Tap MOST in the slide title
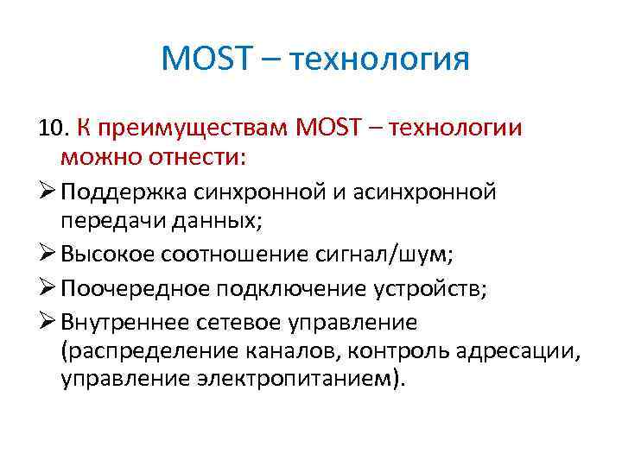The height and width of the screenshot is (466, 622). (208, 60)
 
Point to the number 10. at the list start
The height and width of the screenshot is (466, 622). (53, 129)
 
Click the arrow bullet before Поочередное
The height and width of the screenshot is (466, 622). (48, 288)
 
